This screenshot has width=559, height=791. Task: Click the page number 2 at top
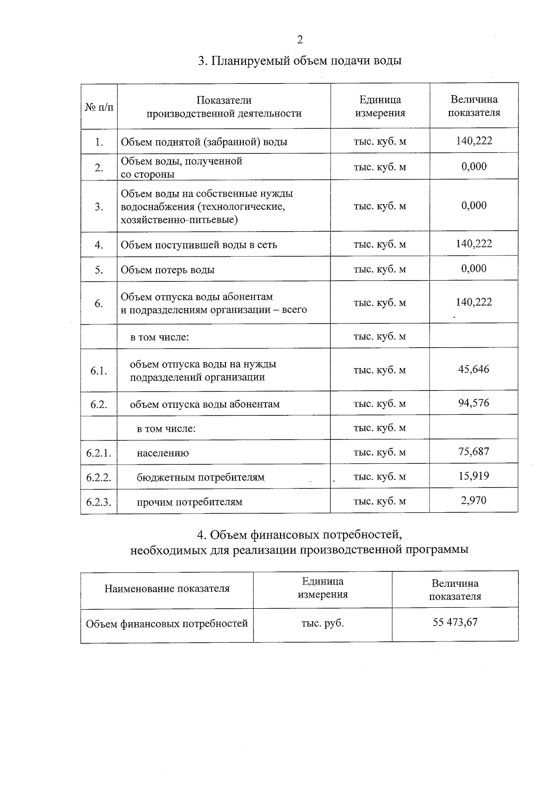click(x=300, y=40)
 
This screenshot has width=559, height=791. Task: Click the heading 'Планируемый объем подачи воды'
click(x=300, y=61)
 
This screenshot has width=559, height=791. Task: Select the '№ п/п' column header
click(x=99, y=107)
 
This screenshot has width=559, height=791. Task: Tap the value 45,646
click(x=473, y=370)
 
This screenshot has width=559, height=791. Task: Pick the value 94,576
click(x=473, y=403)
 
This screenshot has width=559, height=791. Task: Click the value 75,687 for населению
click(x=473, y=452)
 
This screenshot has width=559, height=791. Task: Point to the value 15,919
click(x=473, y=476)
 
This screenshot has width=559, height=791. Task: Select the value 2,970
click(x=473, y=501)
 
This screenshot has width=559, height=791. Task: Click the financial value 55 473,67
click(x=455, y=622)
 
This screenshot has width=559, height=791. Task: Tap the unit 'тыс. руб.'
click(x=322, y=623)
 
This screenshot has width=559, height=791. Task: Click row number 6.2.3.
click(x=98, y=502)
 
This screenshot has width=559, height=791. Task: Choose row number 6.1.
click(x=98, y=371)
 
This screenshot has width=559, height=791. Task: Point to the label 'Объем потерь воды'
click(x=168, y=270)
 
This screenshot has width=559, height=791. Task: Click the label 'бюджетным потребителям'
click(x=201, y=477)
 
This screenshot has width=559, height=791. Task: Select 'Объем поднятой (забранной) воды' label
click(x=204, y=142)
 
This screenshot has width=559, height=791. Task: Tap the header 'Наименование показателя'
click(x=167, y=589)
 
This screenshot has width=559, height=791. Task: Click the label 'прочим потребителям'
click(x=189, y=502)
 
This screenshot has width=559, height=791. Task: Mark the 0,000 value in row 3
click(x=473, y=206)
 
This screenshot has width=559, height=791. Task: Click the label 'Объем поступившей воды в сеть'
click(x=199, y=245)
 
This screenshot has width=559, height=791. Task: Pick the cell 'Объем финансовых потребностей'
click(x=167, y=624)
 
